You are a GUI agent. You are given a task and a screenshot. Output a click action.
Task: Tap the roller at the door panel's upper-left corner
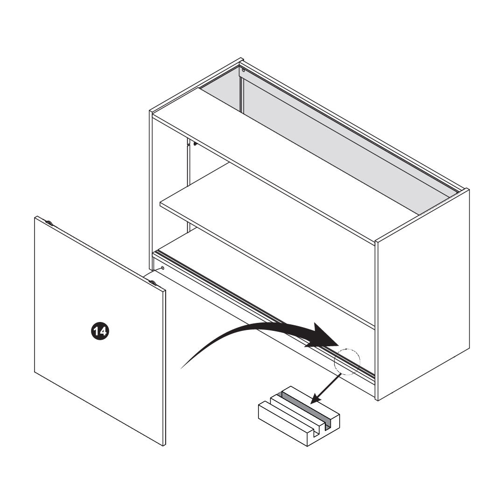[x=49, y=223]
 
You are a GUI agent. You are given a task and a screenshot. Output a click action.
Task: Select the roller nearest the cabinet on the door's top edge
[x=154, y=283]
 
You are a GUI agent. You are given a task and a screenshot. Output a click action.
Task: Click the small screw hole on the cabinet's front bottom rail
[x=163, y=268]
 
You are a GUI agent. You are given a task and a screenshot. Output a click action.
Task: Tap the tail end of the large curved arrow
[x=182, y=368]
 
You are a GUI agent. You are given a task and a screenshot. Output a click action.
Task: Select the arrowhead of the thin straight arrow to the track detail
[x=316, y=399]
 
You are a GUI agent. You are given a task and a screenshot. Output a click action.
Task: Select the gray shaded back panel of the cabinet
[x=325, y=141]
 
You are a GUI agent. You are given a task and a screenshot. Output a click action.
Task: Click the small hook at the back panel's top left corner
[x=243, y=70]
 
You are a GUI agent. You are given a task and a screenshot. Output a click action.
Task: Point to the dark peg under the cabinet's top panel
[x=195, y=144]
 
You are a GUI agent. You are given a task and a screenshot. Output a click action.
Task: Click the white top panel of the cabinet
[x=286, y=164]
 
